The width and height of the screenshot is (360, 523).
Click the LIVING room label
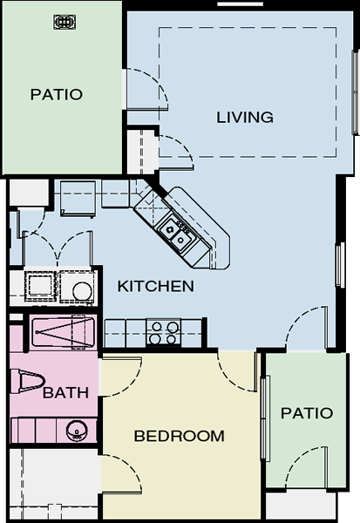(x=245, y=118)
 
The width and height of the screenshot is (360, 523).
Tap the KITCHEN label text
(x=156, y=286)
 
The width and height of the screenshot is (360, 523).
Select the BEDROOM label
(x=180, y=436)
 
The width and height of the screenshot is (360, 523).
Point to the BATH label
(x=65, y=392)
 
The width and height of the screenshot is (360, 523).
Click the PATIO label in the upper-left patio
(x=57, y=95)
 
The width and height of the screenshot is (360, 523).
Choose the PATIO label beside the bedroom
(x=307, y=413)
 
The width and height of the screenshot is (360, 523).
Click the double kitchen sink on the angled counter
(x=175, y=234)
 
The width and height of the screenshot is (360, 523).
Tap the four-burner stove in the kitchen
(x=163, y=333)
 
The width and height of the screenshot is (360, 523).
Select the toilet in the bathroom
(x=28, y=381)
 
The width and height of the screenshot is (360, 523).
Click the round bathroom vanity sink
(x=77, y=431)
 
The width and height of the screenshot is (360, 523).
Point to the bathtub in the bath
(x=63, y=332)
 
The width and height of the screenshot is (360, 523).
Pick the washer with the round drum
(x=79, y=287)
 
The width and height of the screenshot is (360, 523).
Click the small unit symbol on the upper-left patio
(x=65, y=22)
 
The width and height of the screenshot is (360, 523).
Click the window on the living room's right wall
(x=356, y=92)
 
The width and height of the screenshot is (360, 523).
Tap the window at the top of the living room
(x=241, y=4)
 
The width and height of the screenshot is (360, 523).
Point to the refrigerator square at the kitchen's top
(x=78, y=199)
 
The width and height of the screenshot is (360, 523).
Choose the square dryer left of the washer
(x=40, y=286)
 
